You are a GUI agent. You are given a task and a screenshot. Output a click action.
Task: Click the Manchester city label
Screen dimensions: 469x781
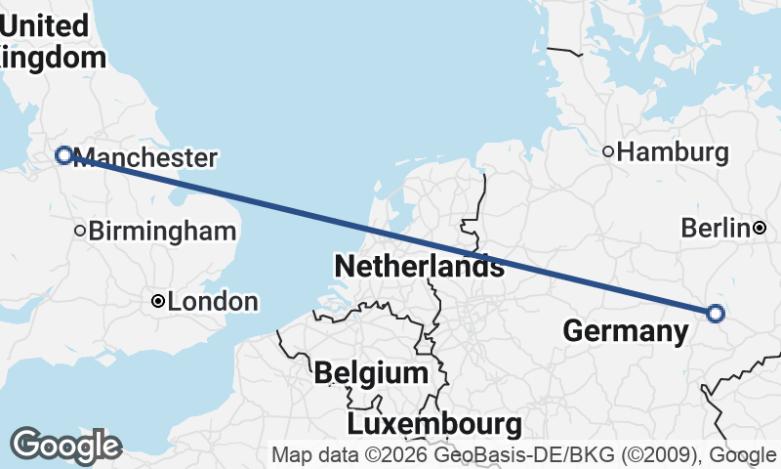pos(144,157)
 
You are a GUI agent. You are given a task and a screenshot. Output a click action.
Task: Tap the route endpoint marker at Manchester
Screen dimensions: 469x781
pos(64,154)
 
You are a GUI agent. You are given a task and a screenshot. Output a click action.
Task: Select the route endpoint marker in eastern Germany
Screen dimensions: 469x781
pos(715,314)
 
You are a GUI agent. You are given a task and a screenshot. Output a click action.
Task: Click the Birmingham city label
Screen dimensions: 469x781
pos(162,232)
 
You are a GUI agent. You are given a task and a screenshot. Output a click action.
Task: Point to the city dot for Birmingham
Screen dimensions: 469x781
pos(80,231)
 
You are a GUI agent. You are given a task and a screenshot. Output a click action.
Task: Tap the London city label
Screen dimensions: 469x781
pos(213,302)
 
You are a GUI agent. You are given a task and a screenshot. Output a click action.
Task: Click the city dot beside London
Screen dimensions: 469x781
pos(158,302)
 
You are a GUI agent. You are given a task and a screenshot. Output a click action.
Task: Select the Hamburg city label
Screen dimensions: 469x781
pos(674,152)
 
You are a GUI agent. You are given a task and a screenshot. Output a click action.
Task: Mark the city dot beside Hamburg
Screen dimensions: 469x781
pos(608,151)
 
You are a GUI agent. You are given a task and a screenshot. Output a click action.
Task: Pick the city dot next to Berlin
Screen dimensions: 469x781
pos(760,228)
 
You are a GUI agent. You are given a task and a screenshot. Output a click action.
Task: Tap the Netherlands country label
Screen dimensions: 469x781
pos(419,266)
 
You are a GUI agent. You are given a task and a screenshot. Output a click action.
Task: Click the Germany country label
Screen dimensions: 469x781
pos(626,331)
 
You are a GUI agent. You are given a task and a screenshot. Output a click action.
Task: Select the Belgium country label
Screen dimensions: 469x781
pos(371,372)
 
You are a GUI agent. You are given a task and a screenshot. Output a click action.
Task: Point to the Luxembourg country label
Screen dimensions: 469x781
pos(433,424)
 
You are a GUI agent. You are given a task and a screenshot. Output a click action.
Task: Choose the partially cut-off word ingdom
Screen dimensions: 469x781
pos(53,58)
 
